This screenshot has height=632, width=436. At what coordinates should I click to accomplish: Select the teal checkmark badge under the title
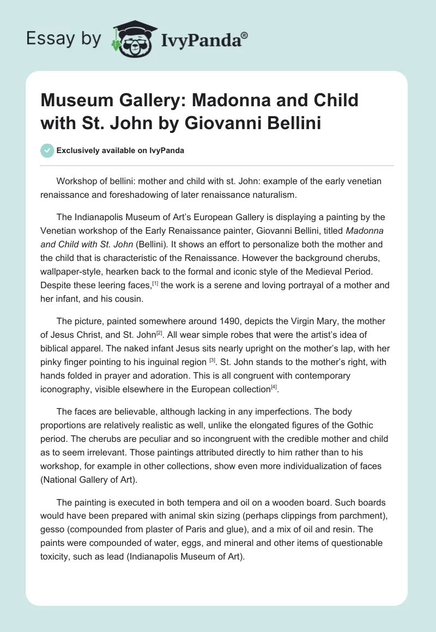[48, 150]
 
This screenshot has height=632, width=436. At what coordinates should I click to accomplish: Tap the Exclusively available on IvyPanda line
[120, 151]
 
